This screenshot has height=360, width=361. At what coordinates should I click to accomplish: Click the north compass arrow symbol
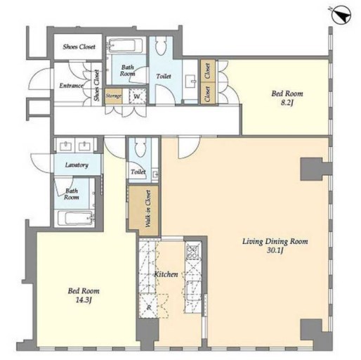[341, 15]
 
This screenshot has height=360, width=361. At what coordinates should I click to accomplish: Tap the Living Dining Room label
[275, 241]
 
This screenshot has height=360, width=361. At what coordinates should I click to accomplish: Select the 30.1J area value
[275, 250]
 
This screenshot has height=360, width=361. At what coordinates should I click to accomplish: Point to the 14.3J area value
[84, 300]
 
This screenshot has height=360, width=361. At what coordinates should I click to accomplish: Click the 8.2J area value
[287, 103]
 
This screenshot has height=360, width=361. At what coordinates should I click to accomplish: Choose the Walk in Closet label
[148, 209]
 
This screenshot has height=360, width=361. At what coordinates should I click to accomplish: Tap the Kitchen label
[166, 274]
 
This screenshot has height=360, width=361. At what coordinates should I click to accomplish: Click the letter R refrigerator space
[149, 308]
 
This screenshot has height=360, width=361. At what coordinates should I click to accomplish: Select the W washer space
[137, 96]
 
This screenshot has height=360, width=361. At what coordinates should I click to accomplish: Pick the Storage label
[114, 96]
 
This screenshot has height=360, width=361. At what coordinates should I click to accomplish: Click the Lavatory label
[77, 165]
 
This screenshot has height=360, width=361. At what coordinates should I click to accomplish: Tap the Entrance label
[71, 86]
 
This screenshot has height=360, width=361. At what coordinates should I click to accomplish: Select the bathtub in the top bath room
[125, 46]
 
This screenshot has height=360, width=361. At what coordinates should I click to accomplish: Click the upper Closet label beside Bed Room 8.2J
[207, 70]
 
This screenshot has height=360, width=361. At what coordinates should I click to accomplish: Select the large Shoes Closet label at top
[79, 46]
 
